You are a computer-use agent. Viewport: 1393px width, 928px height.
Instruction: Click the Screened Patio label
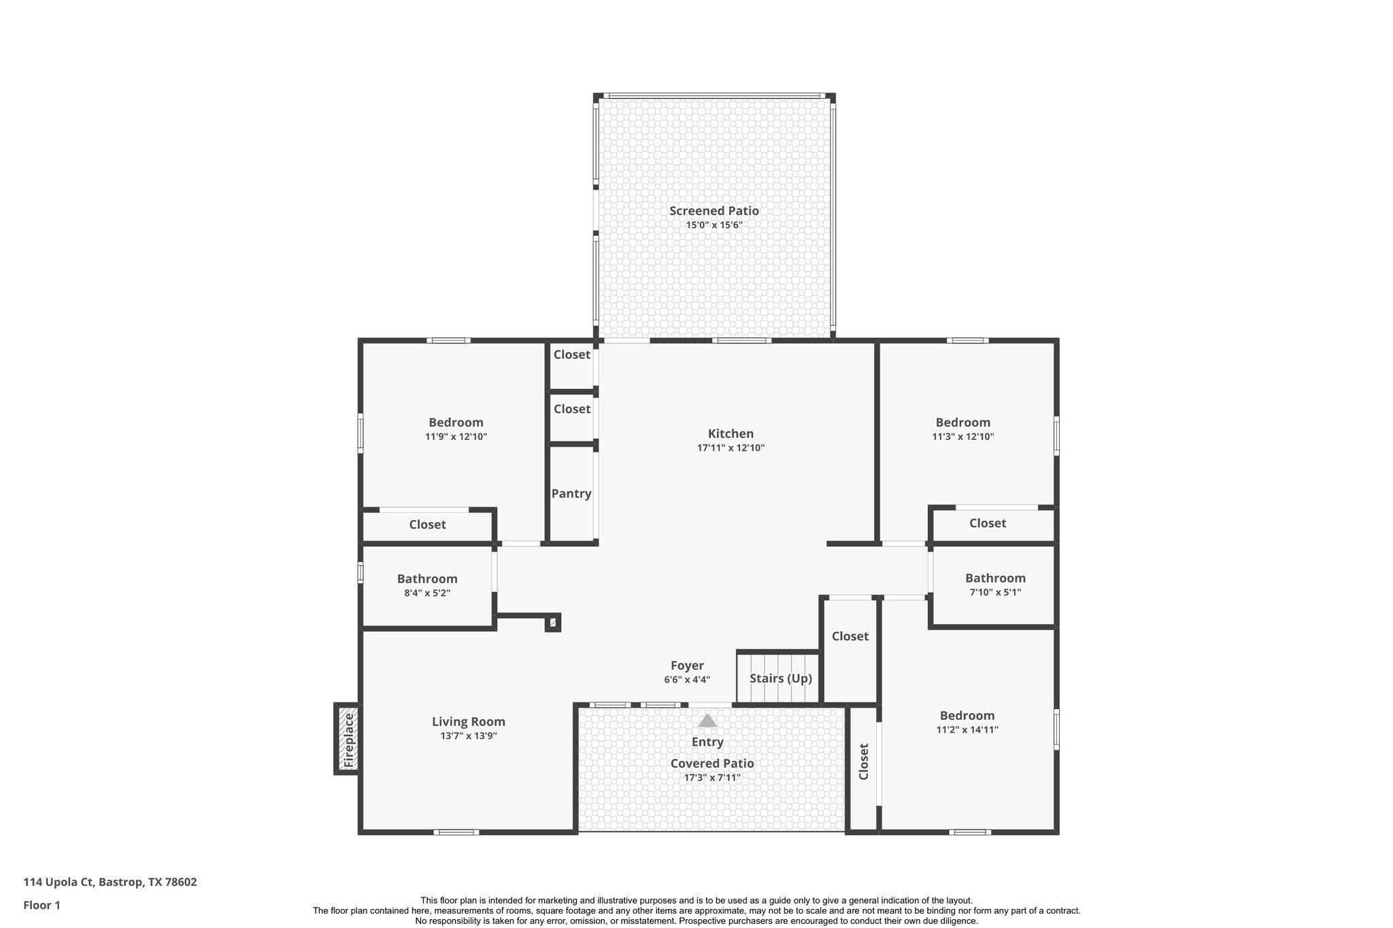pyautogui.click(x=714, y=211)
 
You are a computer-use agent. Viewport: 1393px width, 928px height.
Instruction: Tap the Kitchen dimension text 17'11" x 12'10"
pyautogui.click(x=731, y=448)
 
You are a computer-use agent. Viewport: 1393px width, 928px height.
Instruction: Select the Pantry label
pyautogui.click(x=571, y=494)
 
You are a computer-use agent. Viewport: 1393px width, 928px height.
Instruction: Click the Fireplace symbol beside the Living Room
pyautogui.click(x=348, y=739)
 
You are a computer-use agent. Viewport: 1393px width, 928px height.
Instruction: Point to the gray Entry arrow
pyautogui.click(x=707, y=721)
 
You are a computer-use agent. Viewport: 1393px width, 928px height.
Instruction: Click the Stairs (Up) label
pyautogui.click(x=780, y=678)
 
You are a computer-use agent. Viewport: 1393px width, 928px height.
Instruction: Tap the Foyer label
pyautogui.click(x=687, y=666)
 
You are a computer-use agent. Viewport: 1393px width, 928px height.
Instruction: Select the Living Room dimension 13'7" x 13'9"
pyautogui.click(x=469, y=736)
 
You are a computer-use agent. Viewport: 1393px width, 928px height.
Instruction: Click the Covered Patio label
pyautogui.click(x=712, y=763)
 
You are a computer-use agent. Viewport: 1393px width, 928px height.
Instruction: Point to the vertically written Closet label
pyautogui.click(x=864, y=761)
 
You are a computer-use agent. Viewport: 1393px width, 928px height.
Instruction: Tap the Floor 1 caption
pyautogui.click(x=42, y=905)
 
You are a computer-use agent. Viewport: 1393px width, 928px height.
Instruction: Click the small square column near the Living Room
pyautogui.click(x=553, y=622)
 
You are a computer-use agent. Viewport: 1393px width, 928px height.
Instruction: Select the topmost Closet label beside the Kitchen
pyautogui.click(x=571, y=354)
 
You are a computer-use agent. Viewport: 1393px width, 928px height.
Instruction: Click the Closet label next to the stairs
pyautogui.click(x=850, y=636)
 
